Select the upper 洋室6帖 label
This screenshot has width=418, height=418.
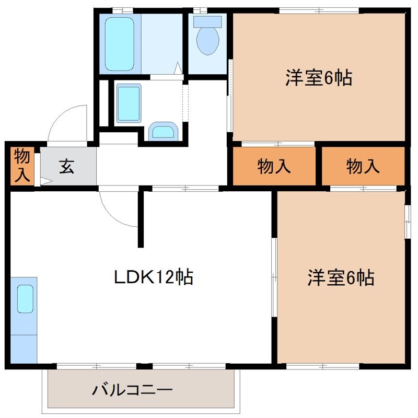(x=318, y=78)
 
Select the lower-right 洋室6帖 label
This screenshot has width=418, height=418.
(x=341, y=277)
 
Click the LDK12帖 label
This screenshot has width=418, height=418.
(x=154, y=276)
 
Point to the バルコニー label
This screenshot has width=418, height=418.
(x=132, y=390)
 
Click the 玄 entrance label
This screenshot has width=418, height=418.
(x=66, y=167)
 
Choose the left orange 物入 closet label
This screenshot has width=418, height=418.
(x=274, y=167)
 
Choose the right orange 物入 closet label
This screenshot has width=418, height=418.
(x=363, y=167)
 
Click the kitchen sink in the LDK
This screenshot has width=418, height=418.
(x=25, y=299)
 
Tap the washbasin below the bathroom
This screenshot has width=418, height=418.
(x=127, y=103)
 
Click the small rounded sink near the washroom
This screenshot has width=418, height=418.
(x=164, y=131)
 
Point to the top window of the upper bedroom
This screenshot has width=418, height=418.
(x=319, y=10)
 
